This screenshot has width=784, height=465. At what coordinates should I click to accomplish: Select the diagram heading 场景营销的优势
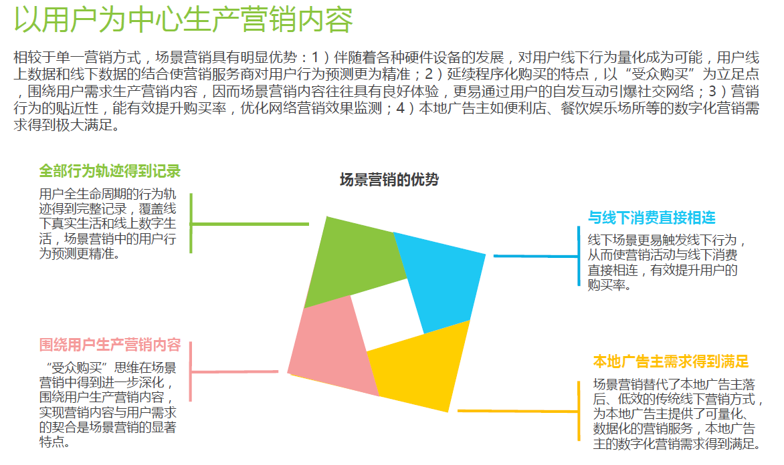pyautogui.click(x=389, y=180)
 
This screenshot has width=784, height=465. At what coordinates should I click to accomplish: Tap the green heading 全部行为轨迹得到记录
pyautogui.click(x=110, y=171)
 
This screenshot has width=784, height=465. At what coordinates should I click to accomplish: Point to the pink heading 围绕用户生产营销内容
pyautogui.click(x=110, y=345)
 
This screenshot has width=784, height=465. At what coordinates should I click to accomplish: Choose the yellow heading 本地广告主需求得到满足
pyautogui.click(x=671, y=362)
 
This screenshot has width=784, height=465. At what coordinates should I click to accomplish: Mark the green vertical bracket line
pyautogui.click(x=191, y=224)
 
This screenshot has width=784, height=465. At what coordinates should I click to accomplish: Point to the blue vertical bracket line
pyautogui.click(x=579, y=256)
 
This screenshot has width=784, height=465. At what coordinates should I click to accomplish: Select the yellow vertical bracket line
pyautogui.click(x=579, y=411)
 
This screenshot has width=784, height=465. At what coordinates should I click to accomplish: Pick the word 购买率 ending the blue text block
pyautogui.click(x=609, y=285)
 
